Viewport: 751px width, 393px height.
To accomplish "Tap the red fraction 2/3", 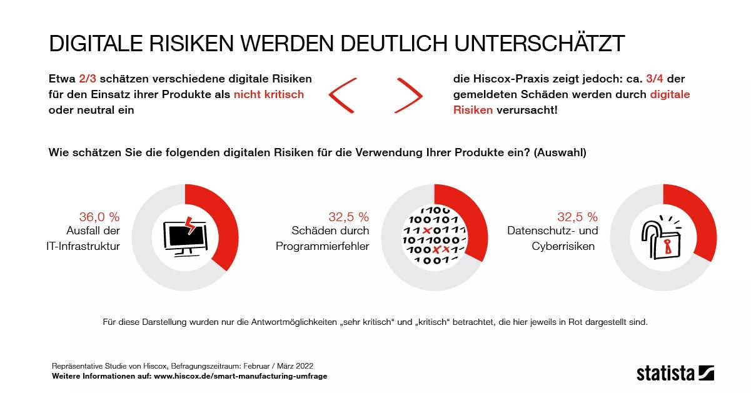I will tap(88, 79).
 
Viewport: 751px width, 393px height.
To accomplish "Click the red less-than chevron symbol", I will tap(342, 95).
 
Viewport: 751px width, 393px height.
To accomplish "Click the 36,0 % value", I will tap(99, 217).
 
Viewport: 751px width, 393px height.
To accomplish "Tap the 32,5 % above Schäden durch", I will tap(348, 217).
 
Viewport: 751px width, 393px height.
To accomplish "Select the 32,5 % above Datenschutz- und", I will tap(577, 217).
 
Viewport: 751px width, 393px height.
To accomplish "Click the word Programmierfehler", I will tap(322, 246).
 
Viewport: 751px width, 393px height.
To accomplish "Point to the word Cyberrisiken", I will tap(563, 246).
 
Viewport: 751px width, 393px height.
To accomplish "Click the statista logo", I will tap(675, 373).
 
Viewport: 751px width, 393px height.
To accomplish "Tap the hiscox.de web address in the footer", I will tap(240, 376).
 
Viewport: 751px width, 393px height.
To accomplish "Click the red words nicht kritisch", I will tap(269, 94).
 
